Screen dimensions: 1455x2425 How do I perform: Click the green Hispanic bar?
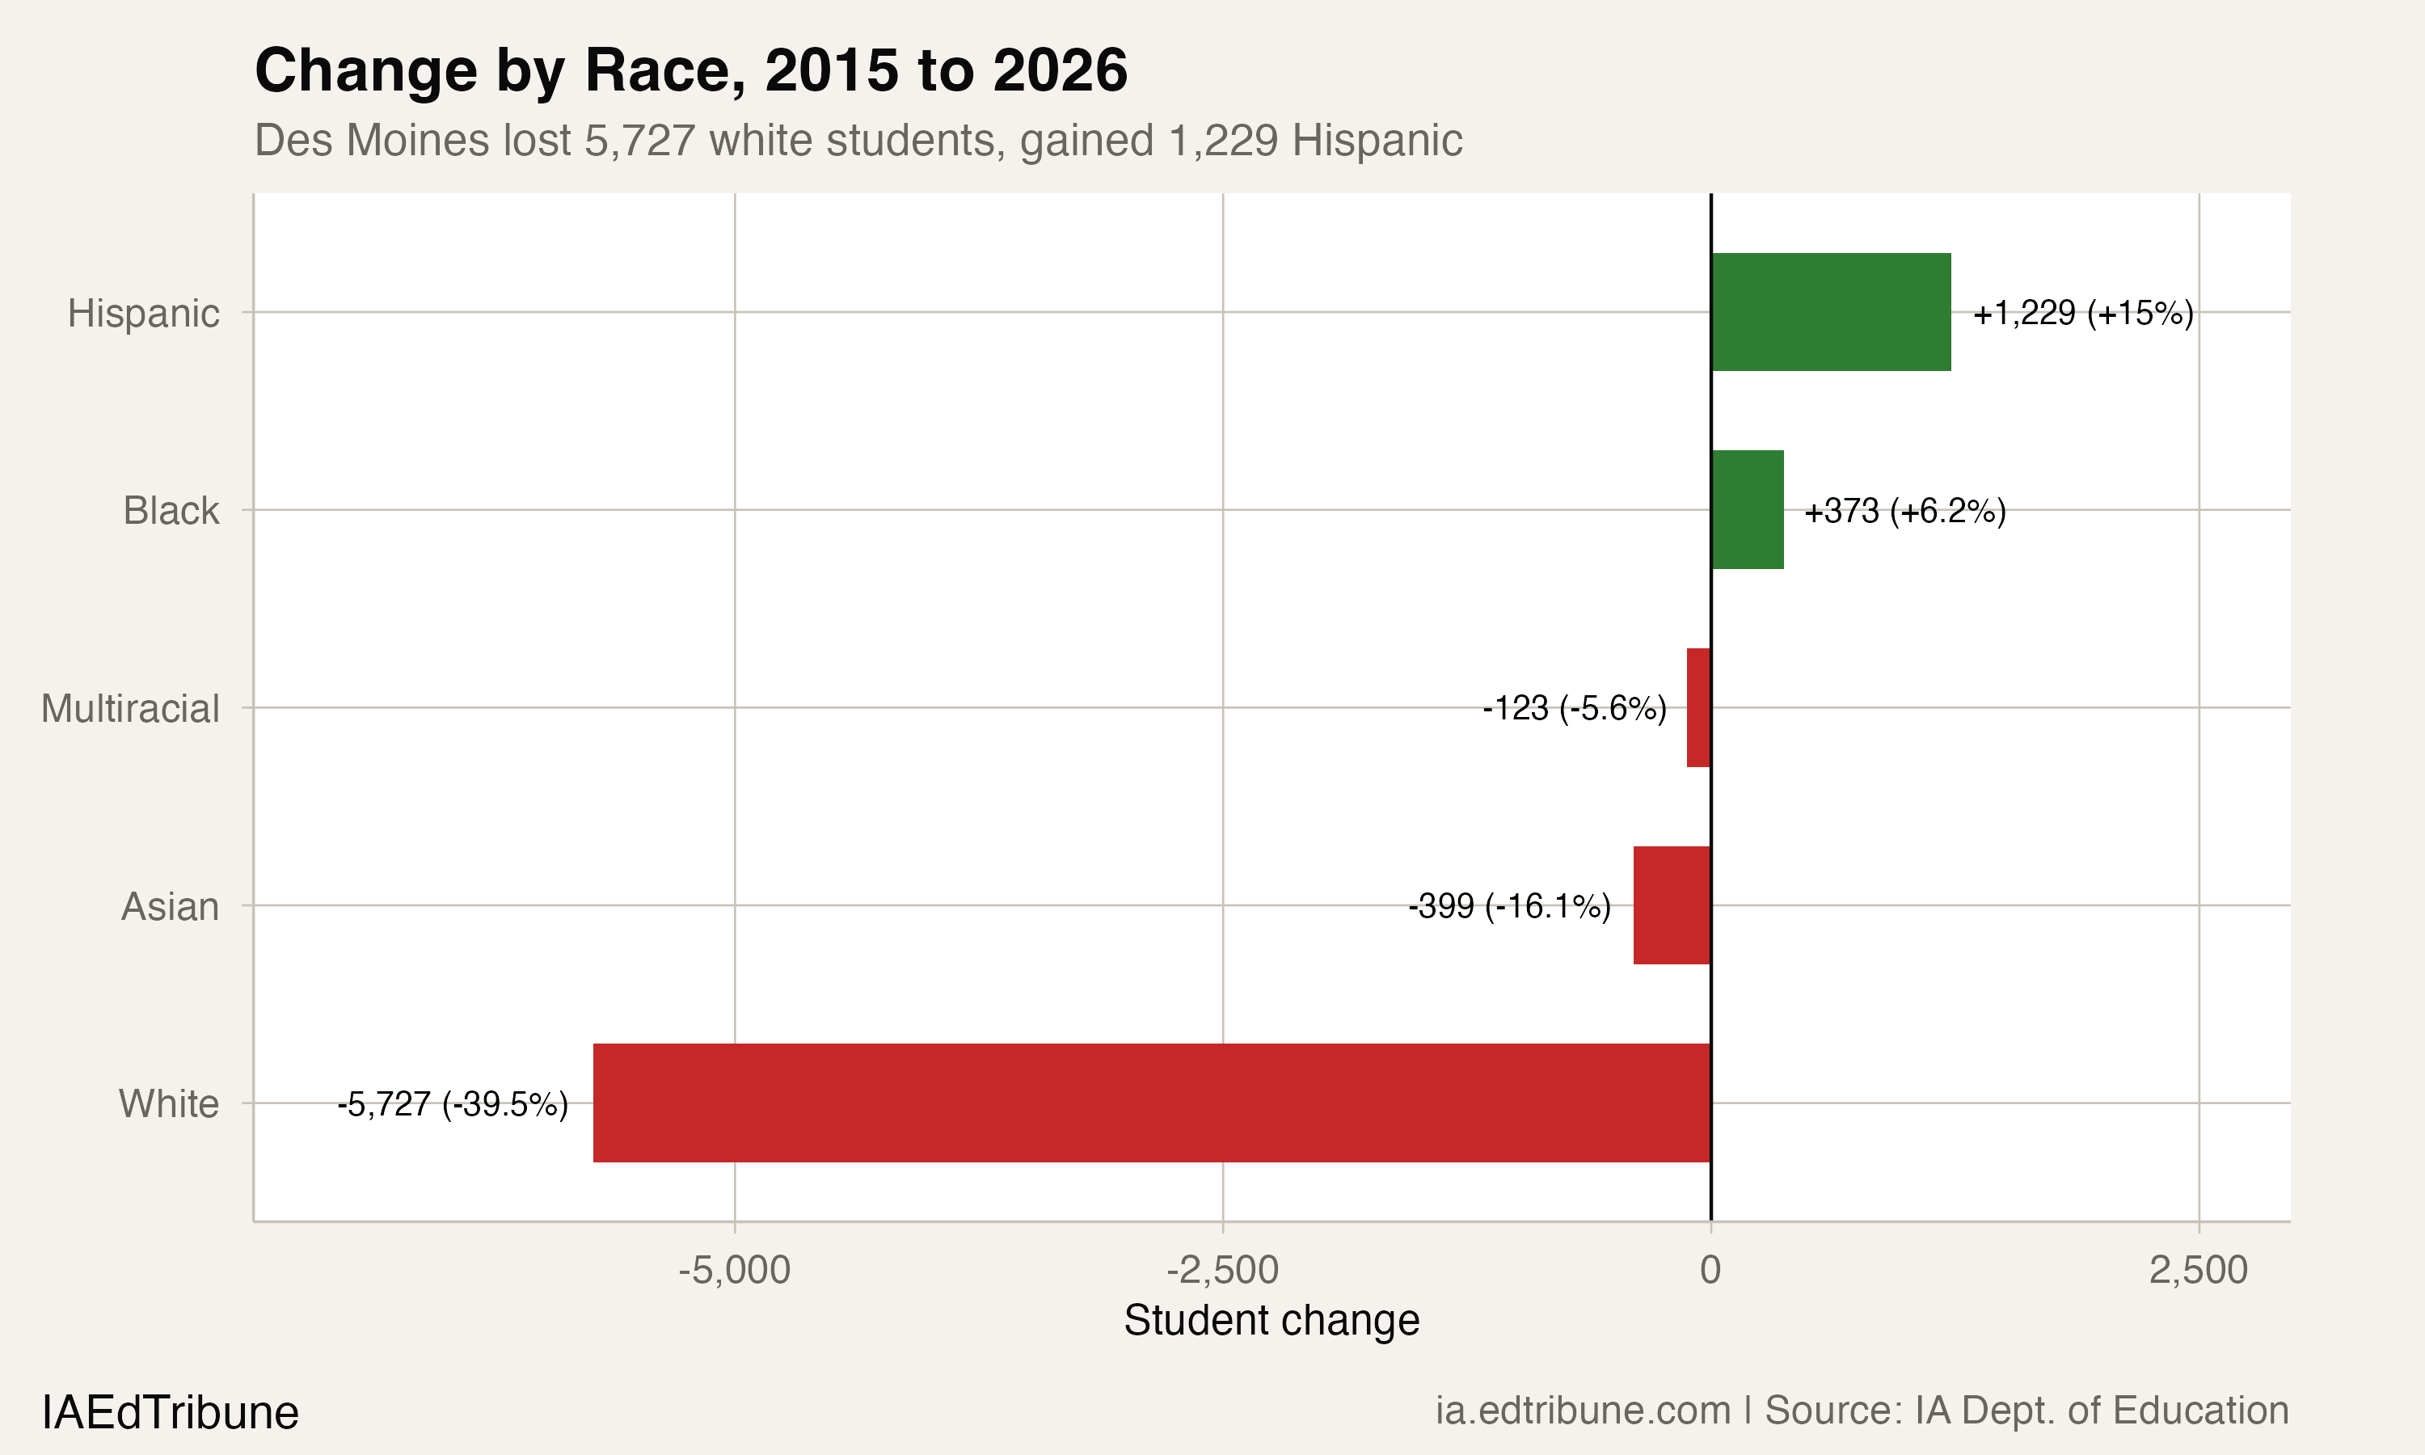1830,312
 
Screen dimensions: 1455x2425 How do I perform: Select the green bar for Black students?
1747,510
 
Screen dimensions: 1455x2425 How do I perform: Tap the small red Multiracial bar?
1698,708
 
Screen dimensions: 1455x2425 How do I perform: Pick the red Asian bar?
1672,905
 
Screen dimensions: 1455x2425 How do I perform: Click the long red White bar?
1152,1103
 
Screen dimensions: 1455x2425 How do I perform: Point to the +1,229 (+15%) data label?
2083,314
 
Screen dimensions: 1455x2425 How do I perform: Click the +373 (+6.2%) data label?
1904,512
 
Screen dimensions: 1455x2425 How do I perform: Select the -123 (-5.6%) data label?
1574,708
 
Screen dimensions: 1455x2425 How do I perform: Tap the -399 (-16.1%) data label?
1509,906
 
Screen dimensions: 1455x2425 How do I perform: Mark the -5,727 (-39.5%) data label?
453,1104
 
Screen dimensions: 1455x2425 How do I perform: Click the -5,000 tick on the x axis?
734,1270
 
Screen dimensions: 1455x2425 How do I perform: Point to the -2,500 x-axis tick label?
1222,1270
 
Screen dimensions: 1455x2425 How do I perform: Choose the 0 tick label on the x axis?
1710,1270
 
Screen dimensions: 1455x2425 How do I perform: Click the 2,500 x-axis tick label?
2199,1270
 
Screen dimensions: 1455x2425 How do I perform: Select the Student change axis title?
1272,1321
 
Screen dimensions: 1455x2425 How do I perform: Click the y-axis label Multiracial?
130,709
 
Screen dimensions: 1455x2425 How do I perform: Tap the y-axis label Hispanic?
143,314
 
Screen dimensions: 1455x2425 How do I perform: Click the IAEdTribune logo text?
170,1413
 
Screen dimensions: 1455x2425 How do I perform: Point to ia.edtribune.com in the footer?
1583,1411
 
